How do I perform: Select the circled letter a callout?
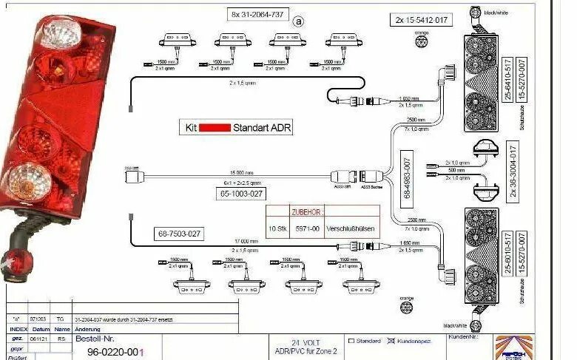[x=299, y=21]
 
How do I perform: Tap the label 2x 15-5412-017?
[x=419, y=20]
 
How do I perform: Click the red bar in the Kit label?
[x=215, y=127]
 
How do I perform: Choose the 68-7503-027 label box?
[x=180, y=234]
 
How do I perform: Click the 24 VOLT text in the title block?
[x=306, y=343]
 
